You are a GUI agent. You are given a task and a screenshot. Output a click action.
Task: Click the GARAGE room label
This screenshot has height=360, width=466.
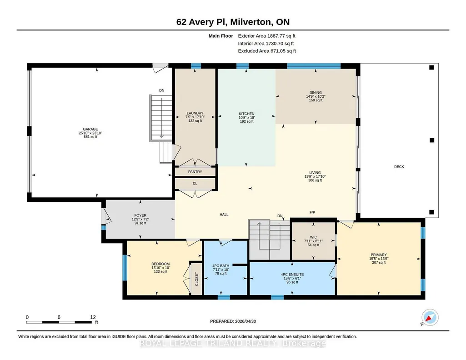[90, 129]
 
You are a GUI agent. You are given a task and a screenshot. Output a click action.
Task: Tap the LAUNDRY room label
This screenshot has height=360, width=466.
[195, 113]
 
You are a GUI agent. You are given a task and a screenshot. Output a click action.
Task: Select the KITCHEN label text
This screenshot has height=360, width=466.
[247, 114]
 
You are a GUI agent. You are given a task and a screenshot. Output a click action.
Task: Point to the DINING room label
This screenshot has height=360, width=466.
[316, 93]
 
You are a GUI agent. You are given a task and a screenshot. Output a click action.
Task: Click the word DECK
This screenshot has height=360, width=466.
[399, 167]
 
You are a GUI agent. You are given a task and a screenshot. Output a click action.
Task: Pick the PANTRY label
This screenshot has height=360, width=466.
[195, 172]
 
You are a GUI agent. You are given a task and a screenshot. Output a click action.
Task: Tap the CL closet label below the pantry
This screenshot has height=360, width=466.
[195, 184]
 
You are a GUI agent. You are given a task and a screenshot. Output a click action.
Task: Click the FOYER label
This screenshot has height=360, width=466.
[140, 215]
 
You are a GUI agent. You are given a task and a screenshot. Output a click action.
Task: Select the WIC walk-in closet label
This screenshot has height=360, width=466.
[313, 237]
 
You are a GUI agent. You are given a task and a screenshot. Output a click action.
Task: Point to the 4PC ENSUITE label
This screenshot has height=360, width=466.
[292, 275]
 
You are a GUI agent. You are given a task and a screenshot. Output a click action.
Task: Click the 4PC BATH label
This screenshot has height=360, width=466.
[220, 266]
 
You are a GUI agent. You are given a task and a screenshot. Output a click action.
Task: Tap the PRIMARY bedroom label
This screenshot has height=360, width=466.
[379, 255]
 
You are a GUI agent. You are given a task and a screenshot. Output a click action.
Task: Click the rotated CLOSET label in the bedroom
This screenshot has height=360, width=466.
[196, 279]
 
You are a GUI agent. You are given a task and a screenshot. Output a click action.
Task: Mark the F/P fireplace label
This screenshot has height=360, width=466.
[312, 213]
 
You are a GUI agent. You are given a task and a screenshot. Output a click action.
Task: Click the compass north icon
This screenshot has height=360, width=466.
[430, 318]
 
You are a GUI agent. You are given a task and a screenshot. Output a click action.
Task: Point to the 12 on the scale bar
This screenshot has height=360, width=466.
[93, 317]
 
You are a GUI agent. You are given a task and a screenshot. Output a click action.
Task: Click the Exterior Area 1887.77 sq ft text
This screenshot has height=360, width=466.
[266, 36]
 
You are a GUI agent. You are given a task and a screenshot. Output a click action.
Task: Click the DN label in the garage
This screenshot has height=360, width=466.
[162, 90]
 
